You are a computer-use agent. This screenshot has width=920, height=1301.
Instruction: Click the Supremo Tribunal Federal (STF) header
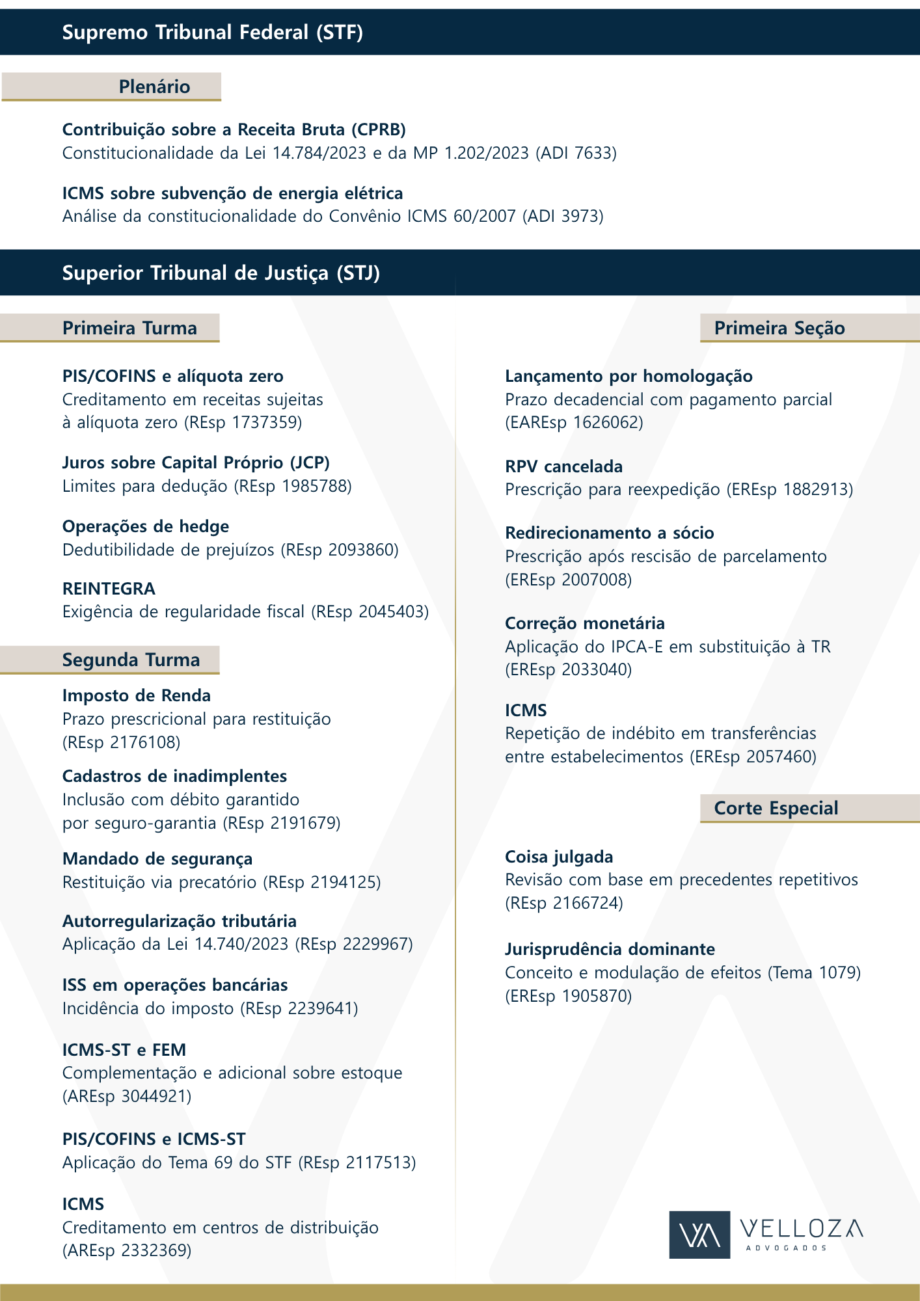(x=212, y=32)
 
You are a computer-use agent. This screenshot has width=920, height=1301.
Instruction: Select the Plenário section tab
(x=154, y=87)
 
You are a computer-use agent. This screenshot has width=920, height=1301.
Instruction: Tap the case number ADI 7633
(x=575, y=154)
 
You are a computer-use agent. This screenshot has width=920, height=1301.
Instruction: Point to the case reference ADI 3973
(x=562, y=216)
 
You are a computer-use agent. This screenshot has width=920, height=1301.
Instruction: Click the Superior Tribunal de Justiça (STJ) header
(x=221, y=273)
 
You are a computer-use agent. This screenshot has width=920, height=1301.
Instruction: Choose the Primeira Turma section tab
(x=129, y=328)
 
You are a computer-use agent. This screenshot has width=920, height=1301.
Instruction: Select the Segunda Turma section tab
(x=131, y=660)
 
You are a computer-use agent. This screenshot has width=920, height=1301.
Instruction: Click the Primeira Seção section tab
(x=779, y=328)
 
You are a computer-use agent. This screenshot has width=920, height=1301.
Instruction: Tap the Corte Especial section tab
(x=776, y=808)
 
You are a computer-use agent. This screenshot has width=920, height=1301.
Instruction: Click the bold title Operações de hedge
(x=146, y=526)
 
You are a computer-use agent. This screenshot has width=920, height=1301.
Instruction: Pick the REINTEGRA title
(x=109, y=589)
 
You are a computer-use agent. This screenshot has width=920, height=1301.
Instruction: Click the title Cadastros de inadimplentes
(x=174, y=776)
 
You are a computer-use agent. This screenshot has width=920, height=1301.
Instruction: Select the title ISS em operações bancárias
(x=174, y=985)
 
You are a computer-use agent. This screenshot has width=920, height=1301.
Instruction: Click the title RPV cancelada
(x=563, y=466)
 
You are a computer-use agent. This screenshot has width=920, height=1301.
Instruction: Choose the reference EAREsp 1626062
(x=574, y=423)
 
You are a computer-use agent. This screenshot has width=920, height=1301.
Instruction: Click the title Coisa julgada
(x=559, y=857)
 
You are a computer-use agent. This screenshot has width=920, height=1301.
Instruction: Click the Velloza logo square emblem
(x=699, y=1235)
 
